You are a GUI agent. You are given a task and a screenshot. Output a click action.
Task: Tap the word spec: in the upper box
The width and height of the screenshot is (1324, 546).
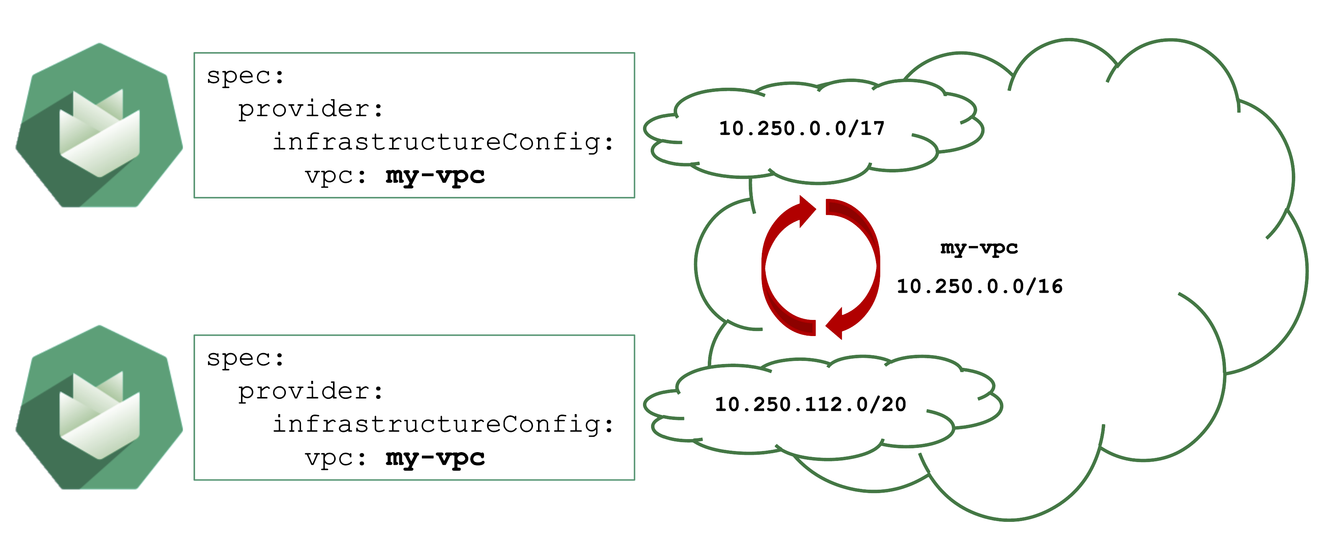click(245, 76)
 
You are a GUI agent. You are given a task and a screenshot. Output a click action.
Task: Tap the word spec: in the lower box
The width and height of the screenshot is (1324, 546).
click(245, 358)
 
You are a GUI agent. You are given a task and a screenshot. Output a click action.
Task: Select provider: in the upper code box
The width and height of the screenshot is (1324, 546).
click(310, 109)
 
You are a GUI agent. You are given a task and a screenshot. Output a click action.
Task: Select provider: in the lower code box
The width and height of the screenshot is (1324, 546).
click(310, 391)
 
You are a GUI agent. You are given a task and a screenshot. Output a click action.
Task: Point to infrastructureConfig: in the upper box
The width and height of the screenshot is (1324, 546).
click(443, 142)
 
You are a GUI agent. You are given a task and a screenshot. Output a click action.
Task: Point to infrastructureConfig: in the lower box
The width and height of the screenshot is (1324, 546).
click(443, 424)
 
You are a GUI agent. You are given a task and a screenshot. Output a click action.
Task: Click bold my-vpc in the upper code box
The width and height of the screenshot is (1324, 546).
click(435, 176)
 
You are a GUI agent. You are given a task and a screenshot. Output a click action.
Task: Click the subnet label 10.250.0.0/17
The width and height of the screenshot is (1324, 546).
click(801, 128)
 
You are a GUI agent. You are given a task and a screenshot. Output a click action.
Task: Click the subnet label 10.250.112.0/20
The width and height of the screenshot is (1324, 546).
click(810, 405)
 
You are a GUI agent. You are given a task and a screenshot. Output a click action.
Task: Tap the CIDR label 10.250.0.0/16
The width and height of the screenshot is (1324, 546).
click(979, 286)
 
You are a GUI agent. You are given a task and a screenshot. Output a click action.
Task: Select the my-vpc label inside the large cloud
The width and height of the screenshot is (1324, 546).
click(979, 248)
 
